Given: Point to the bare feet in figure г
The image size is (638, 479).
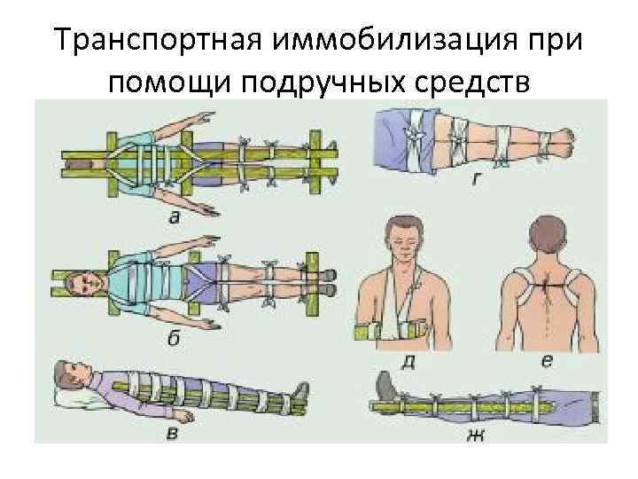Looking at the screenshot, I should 560,139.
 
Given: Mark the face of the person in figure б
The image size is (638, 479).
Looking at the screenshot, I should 89,281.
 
